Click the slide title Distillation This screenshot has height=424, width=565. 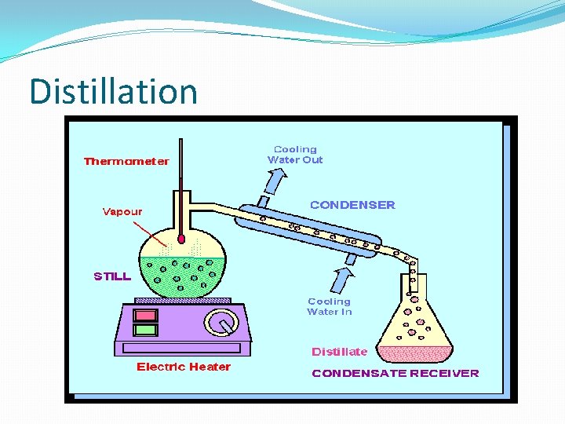click(113, 91)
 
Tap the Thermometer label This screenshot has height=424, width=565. click(126, 162)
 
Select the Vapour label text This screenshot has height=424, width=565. click(122, 211)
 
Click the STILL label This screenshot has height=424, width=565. click(112, 276)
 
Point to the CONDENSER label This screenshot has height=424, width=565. click(352, 205)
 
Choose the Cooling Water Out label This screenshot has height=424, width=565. click(295, 155)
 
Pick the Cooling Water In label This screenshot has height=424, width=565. click(330, 306)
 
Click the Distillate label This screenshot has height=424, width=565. click(339, 352)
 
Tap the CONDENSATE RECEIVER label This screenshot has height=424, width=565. click(395, 373)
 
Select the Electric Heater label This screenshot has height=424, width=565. click(184, 367)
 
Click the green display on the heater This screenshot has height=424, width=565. click(145, 330)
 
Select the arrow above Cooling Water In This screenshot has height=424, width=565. click(342, 279)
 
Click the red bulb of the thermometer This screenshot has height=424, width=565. click(180, 238)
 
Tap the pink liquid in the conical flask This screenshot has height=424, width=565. click(415, 353)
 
